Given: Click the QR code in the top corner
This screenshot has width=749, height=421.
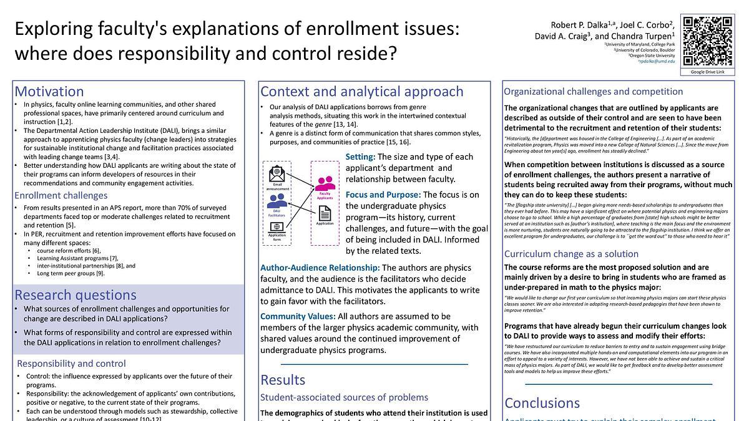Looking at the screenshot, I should [x=707, y=41].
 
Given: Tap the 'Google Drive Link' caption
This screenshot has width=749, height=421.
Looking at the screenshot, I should [x=707, y=72].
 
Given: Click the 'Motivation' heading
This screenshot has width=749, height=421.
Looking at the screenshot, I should [x=49, y=92].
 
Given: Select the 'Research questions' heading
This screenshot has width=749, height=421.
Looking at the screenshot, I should [x=76, y=294].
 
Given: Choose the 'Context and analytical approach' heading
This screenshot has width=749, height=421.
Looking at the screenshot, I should [x=362, y=92].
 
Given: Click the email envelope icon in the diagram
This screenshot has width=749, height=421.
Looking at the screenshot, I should [x=277, y=174].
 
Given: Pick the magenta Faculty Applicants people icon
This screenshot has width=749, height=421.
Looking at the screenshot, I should [x=325, y=183].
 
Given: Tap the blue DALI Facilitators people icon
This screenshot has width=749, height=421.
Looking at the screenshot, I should [x=277, y=201].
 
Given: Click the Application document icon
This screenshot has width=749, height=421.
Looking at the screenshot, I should [x=325, y=213].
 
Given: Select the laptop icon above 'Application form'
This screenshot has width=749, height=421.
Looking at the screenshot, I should [x=277, y=228].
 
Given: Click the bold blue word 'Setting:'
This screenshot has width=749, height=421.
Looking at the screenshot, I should [x=360, y=157].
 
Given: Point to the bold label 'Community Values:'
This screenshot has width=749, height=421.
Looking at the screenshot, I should [x=298, y=316].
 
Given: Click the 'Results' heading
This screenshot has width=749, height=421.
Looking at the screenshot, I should [x=283, y=380].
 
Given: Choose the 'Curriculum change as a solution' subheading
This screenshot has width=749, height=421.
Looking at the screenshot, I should [x=571, y=254].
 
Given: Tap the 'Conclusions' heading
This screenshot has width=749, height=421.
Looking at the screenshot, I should [x=542, y=402].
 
